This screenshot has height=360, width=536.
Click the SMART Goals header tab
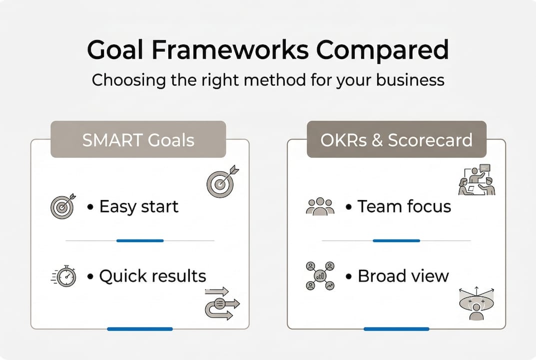(138, 140)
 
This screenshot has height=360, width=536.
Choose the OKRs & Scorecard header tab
(396, 140)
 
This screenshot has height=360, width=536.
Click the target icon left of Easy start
(62, 206)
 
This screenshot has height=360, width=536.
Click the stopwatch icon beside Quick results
(65, 276)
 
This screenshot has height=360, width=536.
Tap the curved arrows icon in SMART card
(222, 303)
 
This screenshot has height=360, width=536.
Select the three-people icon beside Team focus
(320, 206)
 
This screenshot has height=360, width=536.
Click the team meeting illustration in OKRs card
(477, 180)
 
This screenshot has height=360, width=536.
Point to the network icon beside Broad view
(320, 276)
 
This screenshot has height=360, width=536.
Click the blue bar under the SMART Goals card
(140, 329)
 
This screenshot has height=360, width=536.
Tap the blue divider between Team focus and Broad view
(396, 241)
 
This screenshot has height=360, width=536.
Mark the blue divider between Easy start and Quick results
(140, 241)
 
